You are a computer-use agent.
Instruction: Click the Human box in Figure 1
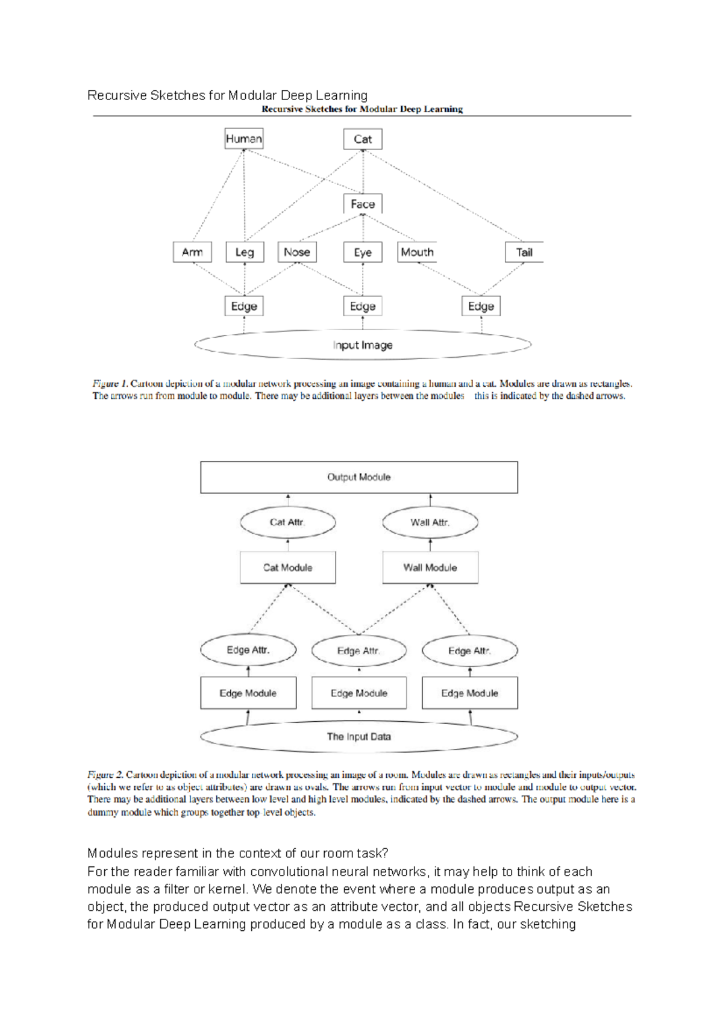click(x=243, y=139)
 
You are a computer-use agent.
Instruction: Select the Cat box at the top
click(x=363, y=139)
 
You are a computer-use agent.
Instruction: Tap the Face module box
click(x=363, y=204)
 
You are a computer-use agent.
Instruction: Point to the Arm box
click(x=192, y=252)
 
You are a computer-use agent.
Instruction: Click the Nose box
click(x=297, y=252)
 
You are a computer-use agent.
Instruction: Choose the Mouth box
click(x=417, y=252)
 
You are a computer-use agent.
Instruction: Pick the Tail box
click(x=524, y=252)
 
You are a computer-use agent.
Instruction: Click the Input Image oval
click(x=363, y=345)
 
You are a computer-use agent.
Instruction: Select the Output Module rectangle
click(x=359, y=477)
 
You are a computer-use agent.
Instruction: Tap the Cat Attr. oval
click(x=287, y=522)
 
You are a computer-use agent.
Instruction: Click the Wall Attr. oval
click(x=430, y=522)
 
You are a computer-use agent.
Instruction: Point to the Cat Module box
click(x=288, y=568)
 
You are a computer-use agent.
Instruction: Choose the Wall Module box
click(x=430, y=568)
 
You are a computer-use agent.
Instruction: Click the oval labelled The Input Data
click(x=359, y=736)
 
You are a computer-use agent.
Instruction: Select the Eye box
click(x=363, y=252)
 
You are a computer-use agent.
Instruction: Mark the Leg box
click(x=245, y=252)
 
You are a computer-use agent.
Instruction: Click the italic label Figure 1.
click(x=110, y=383)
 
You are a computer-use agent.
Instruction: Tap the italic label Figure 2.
click(x=105, y=775)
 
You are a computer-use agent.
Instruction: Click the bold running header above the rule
click(x=362, y=109)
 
